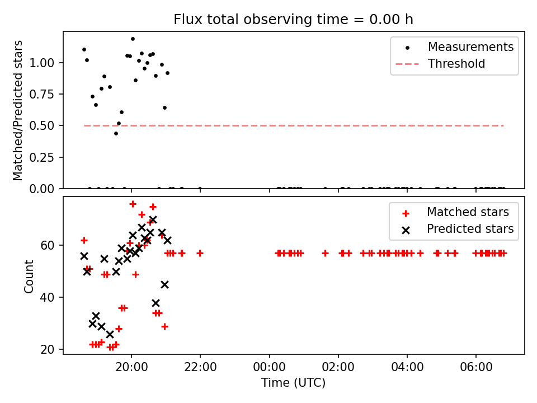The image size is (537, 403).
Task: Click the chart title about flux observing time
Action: [293, 20]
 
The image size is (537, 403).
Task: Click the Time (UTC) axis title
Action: [293, 383]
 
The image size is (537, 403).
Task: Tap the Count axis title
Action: [29, 276]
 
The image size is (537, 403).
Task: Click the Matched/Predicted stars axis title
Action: [18, 110]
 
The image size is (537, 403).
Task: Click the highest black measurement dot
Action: [133, 39]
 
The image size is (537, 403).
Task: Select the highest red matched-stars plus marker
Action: [133, 204]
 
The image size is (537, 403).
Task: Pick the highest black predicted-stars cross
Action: [153, 220]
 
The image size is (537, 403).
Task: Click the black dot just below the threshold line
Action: [116, 133]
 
